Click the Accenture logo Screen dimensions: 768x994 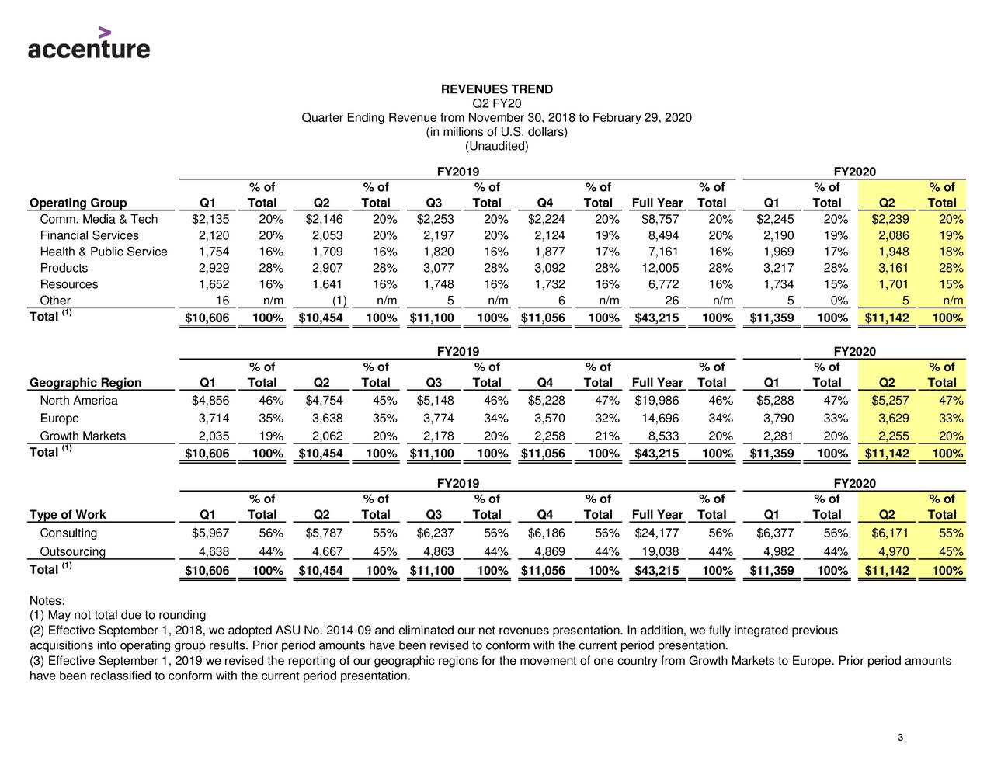click(x=89, y=43)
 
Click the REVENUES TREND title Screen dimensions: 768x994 click(x=496, y=89)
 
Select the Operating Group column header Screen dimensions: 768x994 click(x=78, y=203)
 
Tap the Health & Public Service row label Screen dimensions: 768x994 click(x=103, y=252)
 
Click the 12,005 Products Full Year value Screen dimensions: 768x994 click(x=658, y=268)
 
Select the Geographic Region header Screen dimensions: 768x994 click(x=85, y=382)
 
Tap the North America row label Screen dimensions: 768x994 click(x=78, y=401)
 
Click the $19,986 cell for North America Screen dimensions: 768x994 click(x=657, y=401)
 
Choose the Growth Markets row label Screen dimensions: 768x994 click(x=82, y=436)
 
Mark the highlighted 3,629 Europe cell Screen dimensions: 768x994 click(x=893, y=419)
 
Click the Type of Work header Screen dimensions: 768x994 click(x=68, y=514)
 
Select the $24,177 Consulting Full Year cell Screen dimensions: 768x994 click(x=657, y=533)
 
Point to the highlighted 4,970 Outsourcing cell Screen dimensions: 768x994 click(x=893, y=552)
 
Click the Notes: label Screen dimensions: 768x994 click(x=47, y=601)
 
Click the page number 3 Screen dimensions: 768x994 click(x=899, y=738)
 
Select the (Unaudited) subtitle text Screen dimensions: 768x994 click(x=496, y=146)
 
